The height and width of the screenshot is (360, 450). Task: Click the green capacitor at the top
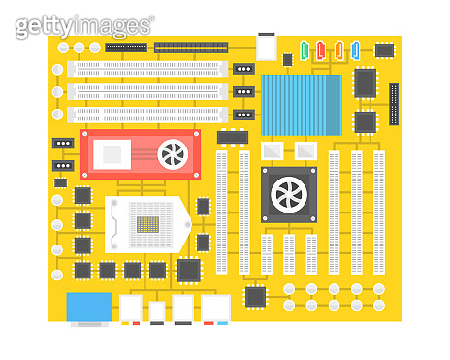point(305,49)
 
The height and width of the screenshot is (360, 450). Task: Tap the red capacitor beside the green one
point(321,49)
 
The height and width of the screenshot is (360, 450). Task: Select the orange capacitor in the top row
point(338,49)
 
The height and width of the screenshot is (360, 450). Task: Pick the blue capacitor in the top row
point(355,49)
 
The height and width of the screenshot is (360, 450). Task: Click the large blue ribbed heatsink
point(301,104)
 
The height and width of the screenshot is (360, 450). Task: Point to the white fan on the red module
point(174,154)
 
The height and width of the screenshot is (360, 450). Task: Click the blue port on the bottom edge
point(89,308)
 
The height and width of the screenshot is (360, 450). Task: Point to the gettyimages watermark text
point(85,26)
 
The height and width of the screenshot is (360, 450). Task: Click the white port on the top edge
point(266,47)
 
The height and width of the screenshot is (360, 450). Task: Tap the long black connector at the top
point(190,47)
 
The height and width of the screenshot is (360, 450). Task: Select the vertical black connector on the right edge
point(394,105)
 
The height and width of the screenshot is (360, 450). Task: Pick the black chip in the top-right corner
point(385,49)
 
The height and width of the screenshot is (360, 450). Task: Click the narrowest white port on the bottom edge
point(157,311)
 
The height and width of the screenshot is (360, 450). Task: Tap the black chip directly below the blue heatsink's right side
point(365,122)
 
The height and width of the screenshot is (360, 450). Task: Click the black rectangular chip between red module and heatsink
point(232,137)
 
